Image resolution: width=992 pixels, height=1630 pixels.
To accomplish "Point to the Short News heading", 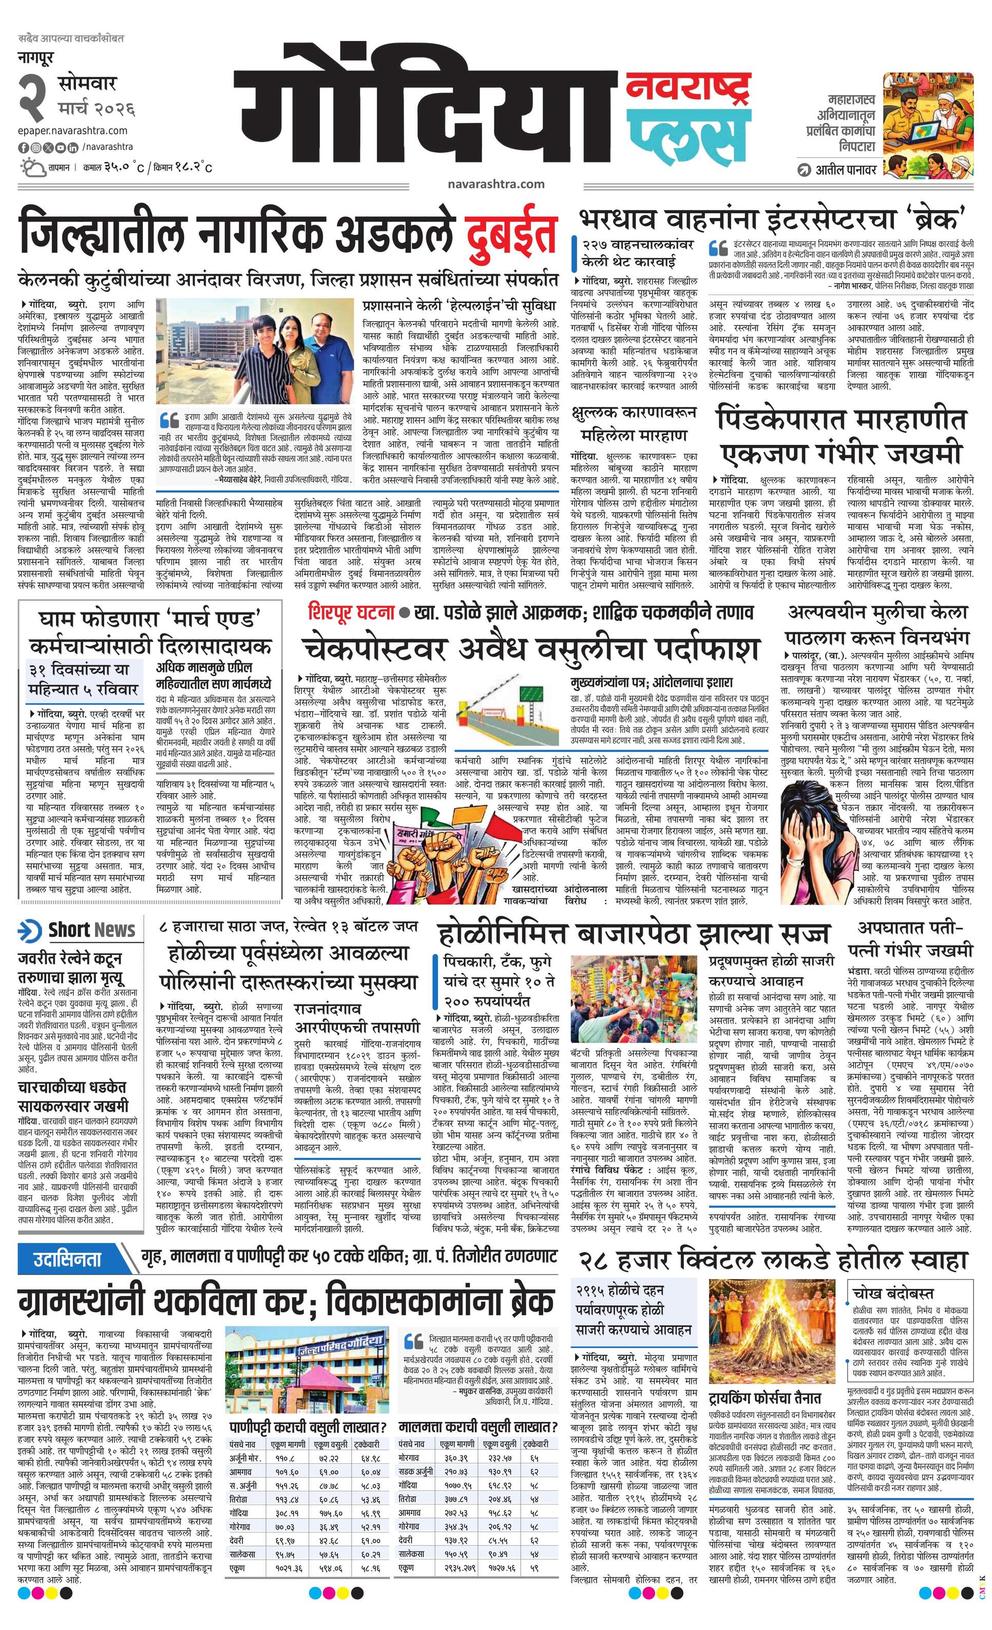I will [x=91, y=929].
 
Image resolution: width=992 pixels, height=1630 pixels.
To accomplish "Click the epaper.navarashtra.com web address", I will [x=73, y=131].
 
